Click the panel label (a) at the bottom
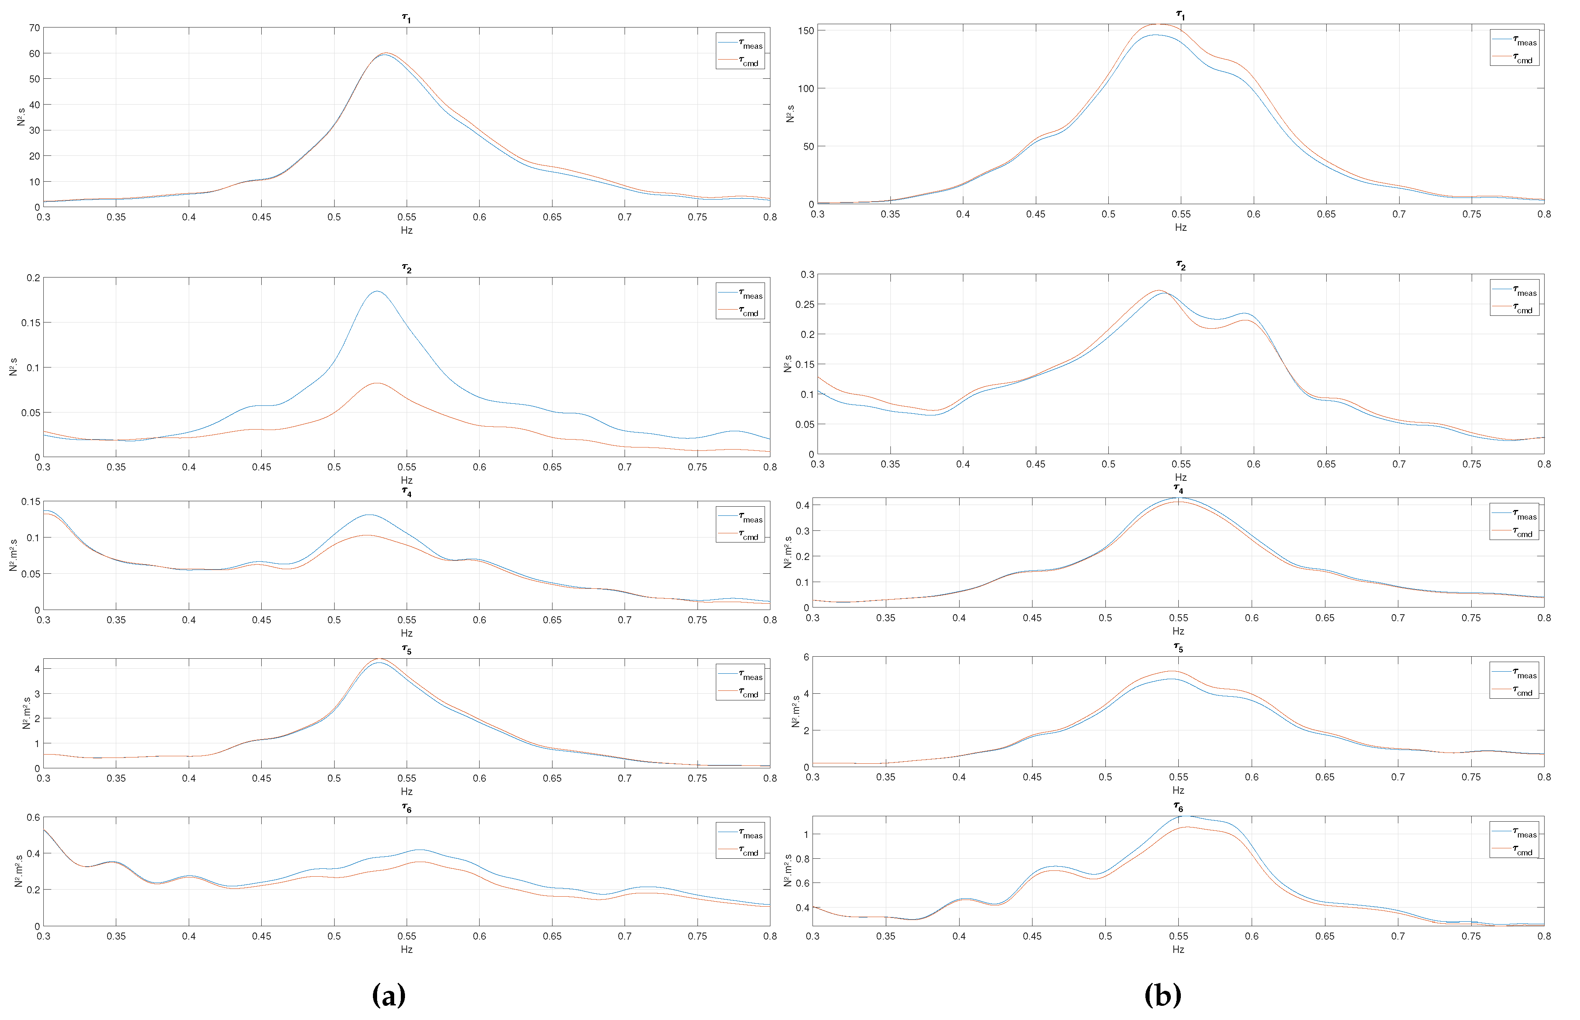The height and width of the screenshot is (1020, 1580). [389, 994]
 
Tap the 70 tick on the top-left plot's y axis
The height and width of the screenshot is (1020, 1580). [35, 28]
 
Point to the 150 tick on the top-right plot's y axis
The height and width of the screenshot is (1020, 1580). [806, 30]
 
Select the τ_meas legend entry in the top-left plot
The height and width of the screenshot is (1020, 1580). [741, 43]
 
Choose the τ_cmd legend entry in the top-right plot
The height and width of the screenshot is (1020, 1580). [1515, 58]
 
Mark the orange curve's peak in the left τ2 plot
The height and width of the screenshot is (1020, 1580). [377, 383]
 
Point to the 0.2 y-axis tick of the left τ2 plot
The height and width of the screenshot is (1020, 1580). [33, 277]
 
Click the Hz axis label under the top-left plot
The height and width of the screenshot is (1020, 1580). [407, 230]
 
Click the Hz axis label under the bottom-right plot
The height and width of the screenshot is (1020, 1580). [1178, 949]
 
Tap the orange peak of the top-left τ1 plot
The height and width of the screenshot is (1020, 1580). [387, 53]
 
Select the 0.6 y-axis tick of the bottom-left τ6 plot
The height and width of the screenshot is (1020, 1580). [33, 817]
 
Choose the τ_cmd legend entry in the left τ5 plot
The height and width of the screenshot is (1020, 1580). [741, 693]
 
